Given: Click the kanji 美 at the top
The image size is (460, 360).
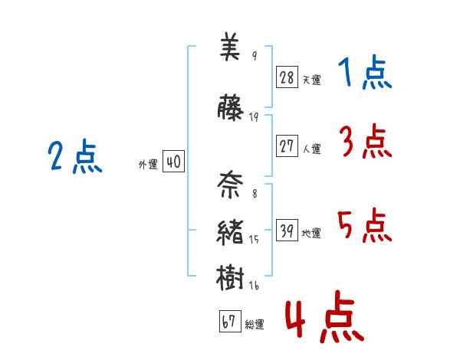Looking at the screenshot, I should (230, 50).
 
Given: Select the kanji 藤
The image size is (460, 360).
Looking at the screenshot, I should (230, 109).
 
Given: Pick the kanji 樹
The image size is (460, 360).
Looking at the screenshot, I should (230, 277).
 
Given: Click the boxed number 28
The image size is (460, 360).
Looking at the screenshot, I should (287, 77).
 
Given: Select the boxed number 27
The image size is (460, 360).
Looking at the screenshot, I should (287, 146).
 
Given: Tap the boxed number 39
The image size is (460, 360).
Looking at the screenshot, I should (287, 231).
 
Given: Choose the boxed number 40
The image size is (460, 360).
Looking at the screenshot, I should (173, 162).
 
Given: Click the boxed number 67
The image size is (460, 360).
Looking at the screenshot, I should (229, 322).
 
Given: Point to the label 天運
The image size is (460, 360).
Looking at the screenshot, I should (311, 80).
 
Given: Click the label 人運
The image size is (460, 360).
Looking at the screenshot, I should (311, 149).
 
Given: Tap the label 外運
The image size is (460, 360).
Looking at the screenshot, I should (147, 165).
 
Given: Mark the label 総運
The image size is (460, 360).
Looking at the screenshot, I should (255, 326).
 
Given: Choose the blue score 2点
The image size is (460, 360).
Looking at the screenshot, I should (74, 157).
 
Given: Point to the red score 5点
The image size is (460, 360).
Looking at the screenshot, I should (364, 224).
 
